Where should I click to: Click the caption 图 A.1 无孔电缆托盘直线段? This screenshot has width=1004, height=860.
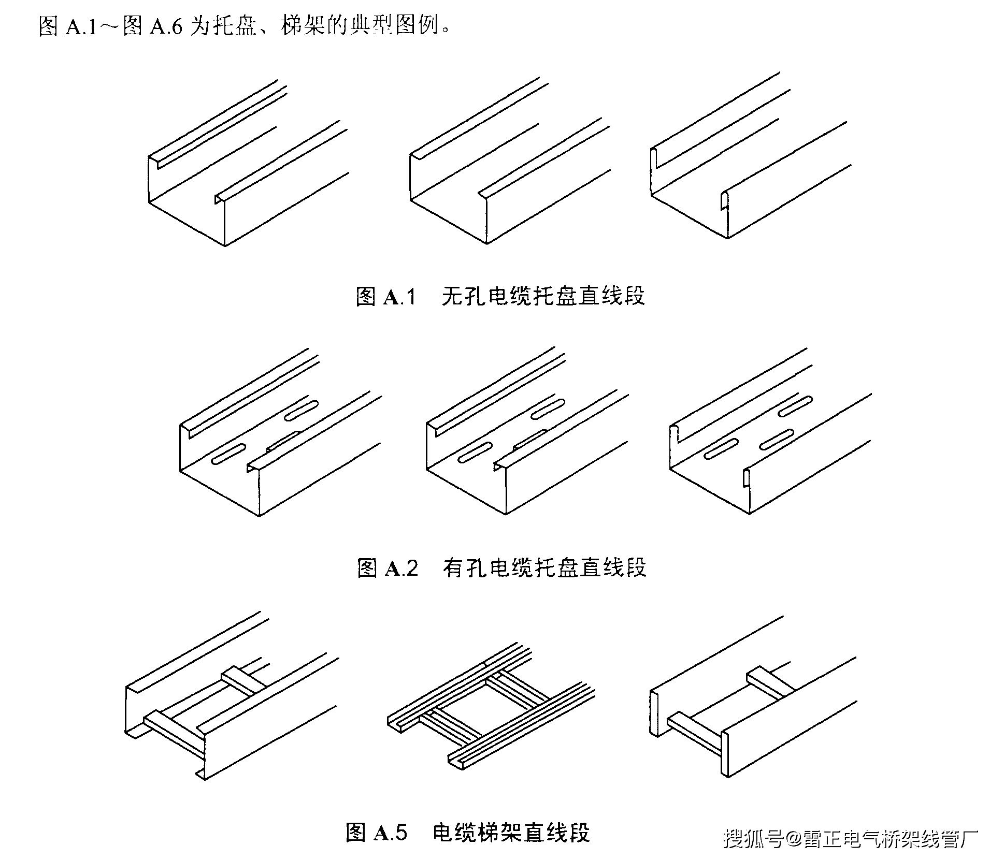(x=500, y=296)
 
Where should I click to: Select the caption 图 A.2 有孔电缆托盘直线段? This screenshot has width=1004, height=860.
(x=501, y=567)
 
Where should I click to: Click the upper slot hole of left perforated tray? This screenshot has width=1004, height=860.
(x=301, y=410)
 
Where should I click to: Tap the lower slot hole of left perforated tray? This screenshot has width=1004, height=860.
(x=228, y=454)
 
